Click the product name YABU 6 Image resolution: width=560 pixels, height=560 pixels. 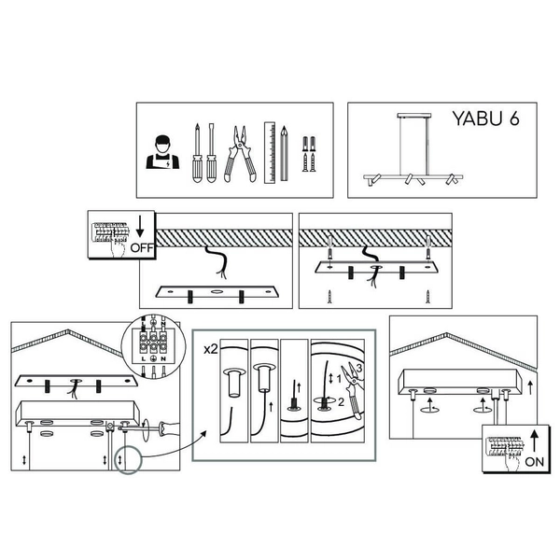pos(485,119)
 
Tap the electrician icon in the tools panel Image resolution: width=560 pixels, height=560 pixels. pos(162,152)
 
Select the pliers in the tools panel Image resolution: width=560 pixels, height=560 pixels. pos(240,154)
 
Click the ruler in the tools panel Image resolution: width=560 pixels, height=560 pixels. pos(270,153)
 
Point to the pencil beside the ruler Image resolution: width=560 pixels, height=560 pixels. pos(284,153)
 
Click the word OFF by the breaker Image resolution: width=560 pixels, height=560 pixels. pos(142,247)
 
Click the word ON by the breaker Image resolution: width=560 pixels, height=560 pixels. pos(534,461)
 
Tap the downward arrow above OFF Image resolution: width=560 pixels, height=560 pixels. pos(140,227)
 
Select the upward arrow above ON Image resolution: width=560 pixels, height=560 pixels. pos(534,441)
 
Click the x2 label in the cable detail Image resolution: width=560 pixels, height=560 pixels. pos(211,349)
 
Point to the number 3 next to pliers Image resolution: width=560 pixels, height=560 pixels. pos(359,368)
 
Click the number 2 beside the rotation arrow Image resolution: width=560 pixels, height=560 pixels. pos(341,402)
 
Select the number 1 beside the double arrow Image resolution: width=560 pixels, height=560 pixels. pos(339,379)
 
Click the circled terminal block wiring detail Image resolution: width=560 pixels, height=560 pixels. pos(154,345)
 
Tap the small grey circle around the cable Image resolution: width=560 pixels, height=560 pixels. pos(128,459)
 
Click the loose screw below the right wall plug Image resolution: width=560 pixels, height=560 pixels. pos(427,297)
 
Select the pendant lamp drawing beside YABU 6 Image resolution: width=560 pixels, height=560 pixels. pos(413,149)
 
